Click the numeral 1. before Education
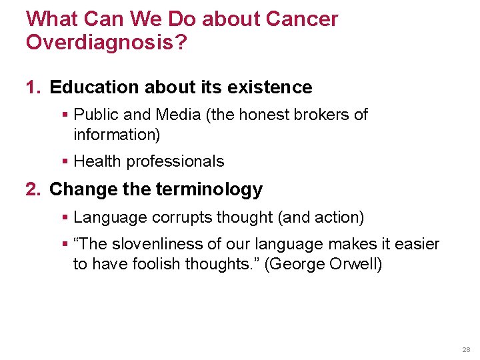pos(34,87)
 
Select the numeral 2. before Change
pos(34,189)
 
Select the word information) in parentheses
pos(117,134)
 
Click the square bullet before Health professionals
pos(65,161)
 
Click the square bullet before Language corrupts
pos(65,217)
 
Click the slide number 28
pos(465,349)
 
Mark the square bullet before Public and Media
pos(65,115)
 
